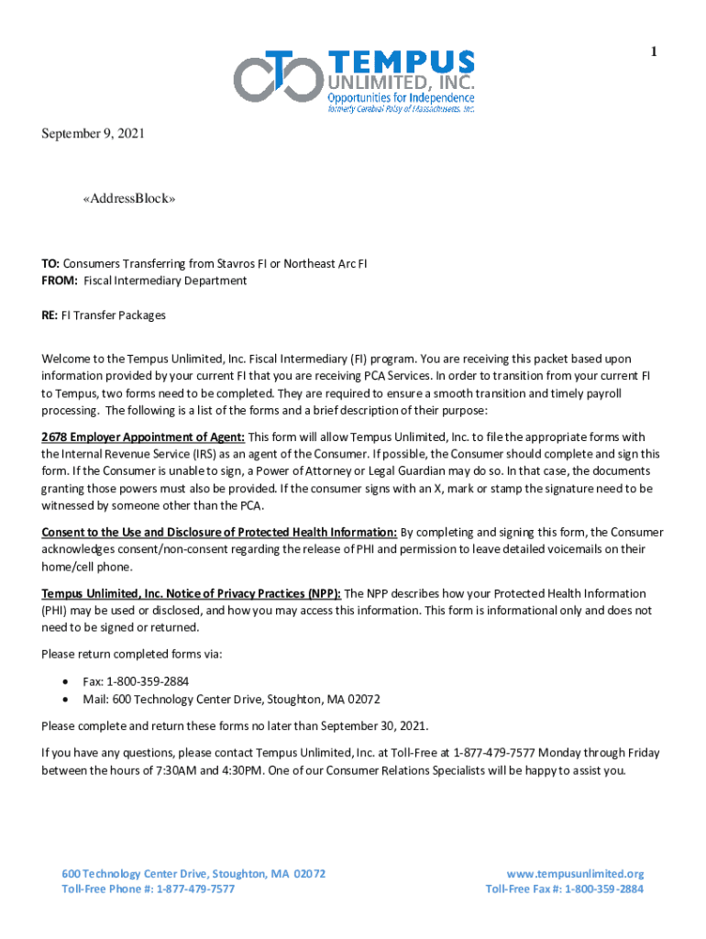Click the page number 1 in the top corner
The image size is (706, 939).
(x=654, y=53)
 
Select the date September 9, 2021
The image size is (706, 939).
(x=93, y=134)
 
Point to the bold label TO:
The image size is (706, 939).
(x=50, y=264)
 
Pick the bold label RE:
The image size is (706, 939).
(x=50, y=315)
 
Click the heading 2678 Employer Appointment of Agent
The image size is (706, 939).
(x=143, y=436)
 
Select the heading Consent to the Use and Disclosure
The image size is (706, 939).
(x=219, y=533)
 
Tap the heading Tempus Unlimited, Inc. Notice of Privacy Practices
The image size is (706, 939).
(x=191, y=594)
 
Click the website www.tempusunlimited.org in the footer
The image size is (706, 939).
(x=575, y=874)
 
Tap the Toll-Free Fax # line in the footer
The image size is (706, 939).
(x=564, y=889)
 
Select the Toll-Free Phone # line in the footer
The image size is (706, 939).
(x=148, y=889)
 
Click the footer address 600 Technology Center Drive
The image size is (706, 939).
(x=193, y=874)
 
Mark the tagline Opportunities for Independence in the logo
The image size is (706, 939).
(x=402, y=97)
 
